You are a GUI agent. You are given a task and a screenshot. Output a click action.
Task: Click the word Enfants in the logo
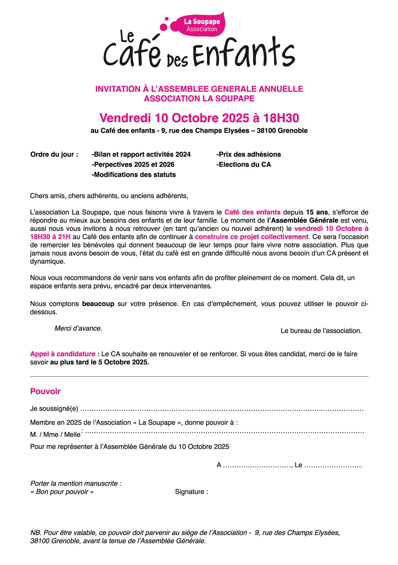tap(244, 53)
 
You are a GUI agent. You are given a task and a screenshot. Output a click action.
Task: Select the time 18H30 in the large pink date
tap(281, 118)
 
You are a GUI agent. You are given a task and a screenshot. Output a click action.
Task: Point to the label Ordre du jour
tap(54, 155)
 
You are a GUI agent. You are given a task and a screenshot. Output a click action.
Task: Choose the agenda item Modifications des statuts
tap(134, 175)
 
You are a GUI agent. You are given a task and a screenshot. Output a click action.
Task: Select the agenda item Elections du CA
tap(244, 165)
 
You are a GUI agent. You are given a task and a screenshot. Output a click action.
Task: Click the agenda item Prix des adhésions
tap(248, 155)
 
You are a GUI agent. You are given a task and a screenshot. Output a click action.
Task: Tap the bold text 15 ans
tap(317, 212)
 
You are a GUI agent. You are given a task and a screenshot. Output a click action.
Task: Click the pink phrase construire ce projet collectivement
tap(252, 237)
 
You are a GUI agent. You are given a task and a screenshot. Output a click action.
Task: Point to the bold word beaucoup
tap(98, 304)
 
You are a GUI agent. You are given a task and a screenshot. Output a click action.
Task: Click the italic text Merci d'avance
tap(78, 328)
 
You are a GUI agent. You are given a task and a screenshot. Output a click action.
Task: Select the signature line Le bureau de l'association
tap(321, 331)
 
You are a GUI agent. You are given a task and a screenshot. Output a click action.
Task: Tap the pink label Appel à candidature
tap(65, 354)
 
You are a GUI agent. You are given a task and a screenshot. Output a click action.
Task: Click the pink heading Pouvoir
tap(45, 391)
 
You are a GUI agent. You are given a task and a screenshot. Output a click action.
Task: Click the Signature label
tap(191, 492)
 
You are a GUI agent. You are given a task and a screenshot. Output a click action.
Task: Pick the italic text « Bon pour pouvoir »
tap(62, 492)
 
